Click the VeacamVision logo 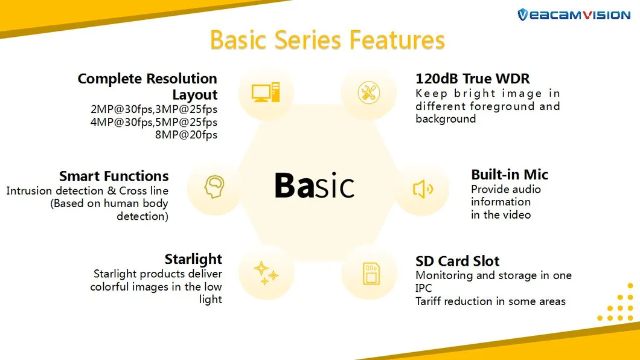573,14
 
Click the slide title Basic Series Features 327,40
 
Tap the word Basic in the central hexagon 314,185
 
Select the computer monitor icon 266,92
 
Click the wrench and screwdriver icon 368,92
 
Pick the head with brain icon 214,187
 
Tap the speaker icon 422,189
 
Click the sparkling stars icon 266,273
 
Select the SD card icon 369,273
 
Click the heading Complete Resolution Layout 147,86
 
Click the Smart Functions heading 114,176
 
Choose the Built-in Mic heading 510,175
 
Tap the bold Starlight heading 193,259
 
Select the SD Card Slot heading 457,261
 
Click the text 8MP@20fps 186,135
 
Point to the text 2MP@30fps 119,109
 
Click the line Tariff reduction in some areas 490,301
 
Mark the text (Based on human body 109,204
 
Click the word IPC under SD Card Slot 424,289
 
